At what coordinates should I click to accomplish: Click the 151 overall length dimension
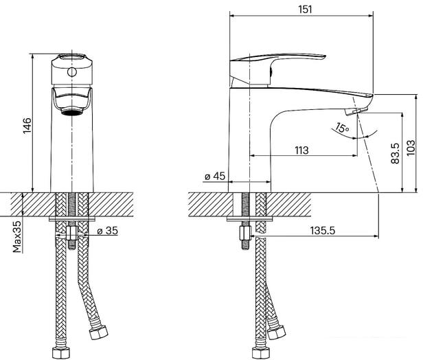pyautogui.click(x=305, y=10)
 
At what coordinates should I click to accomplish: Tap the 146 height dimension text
pyautogui.click(x=27, y=126)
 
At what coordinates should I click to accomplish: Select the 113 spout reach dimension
pyautogui.click(x=301, y=150)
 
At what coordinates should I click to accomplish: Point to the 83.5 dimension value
pyautogui.click(x=395, y=153)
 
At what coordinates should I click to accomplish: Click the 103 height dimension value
pyautogui.click(x=411, y=148)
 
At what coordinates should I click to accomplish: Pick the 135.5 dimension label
pyautogui.click(x=323, y=231)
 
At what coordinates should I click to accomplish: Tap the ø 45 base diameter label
pyautogui.click(x=215, y=177)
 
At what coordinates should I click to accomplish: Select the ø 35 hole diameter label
pyautogui.click(x=108, y=231)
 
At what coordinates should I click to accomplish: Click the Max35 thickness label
pyautogui.click(x=16, y=236)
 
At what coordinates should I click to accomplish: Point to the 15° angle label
pyautogui.click(x=342, y=128)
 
